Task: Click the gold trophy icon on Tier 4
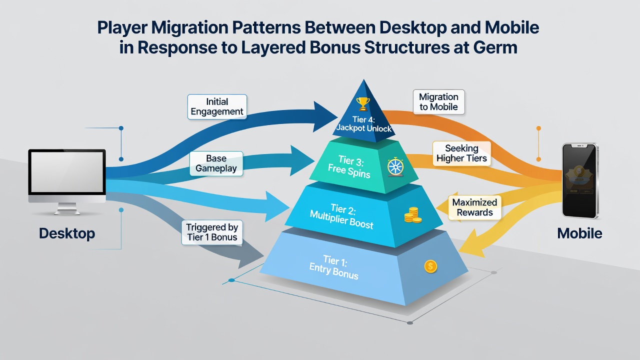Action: coord(363,103)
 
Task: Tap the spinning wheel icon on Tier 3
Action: coord(395,166)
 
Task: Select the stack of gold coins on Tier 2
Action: coord(412,215)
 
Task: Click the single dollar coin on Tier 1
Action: coord(430,266)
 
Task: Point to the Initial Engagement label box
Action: coord(217,106)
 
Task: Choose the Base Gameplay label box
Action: coord(216,163)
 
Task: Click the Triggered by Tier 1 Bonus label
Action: coord(212,232)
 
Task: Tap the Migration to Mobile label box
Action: coord(438,102)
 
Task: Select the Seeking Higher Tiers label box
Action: coord(461,153)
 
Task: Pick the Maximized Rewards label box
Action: coord(474,207)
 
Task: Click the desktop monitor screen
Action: coord(67,172)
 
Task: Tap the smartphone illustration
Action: coord(580,180)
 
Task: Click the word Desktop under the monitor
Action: coord(67,233)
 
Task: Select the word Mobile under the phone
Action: coord(579,233)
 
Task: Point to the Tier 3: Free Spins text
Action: coord(349,166)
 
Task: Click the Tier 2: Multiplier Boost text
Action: coord(342,216)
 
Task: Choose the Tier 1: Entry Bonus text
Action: coord(334,267)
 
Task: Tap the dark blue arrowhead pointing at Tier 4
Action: coord(325,116)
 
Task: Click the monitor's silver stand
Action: coord(67,208)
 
